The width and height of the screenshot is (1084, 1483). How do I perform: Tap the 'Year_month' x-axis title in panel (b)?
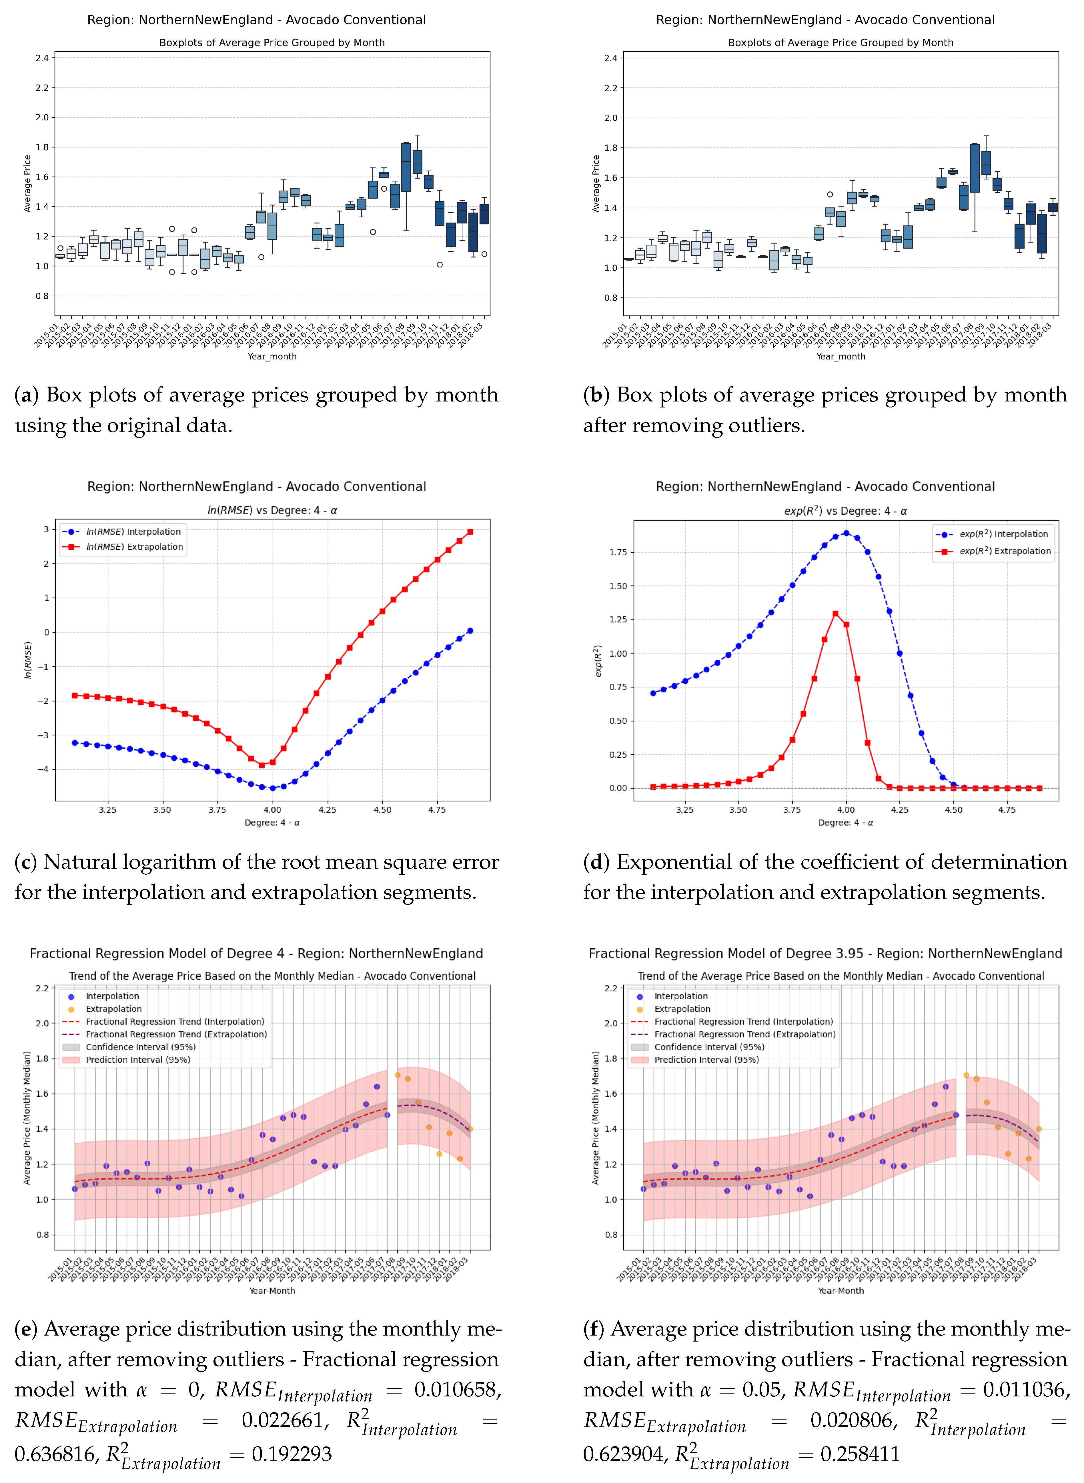pos(841,356)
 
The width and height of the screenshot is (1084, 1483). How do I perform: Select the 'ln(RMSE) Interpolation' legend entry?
pos(134,531)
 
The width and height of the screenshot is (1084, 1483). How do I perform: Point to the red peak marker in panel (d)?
pos(835,614)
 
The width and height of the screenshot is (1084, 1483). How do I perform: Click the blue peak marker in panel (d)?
pos(847,533)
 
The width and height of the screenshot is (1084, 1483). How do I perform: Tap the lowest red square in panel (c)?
pos(262,765)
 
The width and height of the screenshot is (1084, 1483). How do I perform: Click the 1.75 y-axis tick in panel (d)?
pos(618,552)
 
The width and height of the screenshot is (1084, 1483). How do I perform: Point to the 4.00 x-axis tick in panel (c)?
pos(272,810)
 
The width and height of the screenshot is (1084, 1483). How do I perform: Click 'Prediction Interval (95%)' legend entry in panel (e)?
pos(138,1059)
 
